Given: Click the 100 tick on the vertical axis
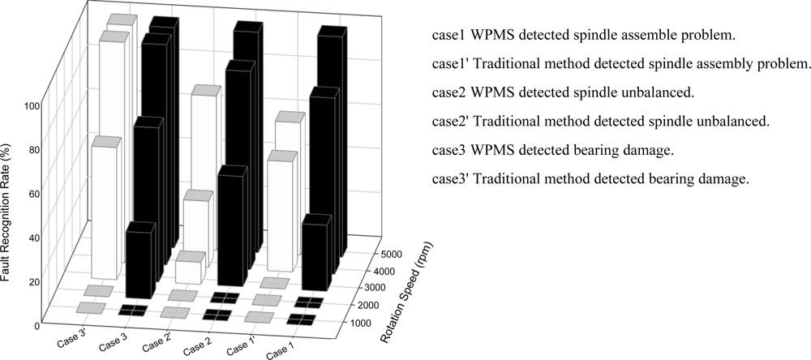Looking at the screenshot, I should [x=32, y=106].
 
